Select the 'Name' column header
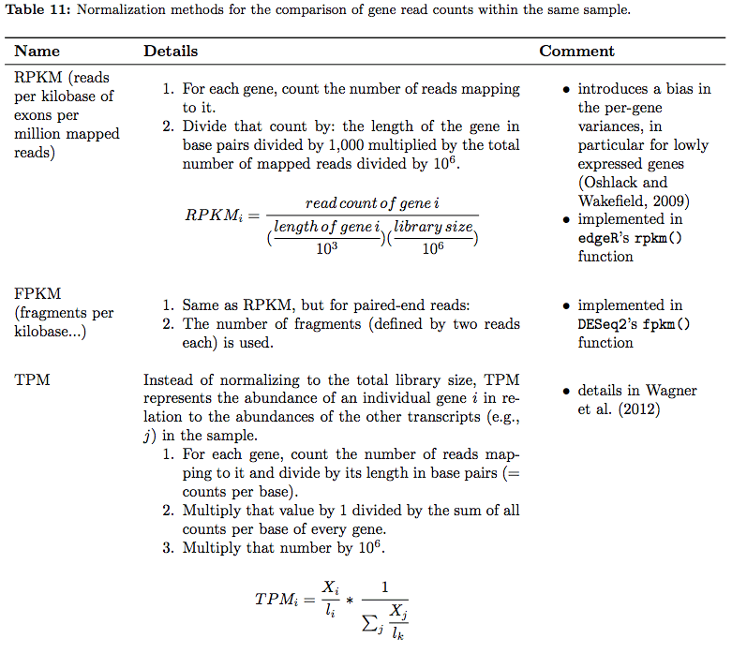tap(37, 52)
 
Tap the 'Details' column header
tap(171, 52)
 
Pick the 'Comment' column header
tap(576, 52)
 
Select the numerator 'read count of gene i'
tap(372, 203)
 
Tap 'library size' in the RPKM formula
tap(433, 227)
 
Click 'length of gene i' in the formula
tap(326, 227)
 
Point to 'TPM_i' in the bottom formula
tap(284, 598)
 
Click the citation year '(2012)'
tap(636, 409)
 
